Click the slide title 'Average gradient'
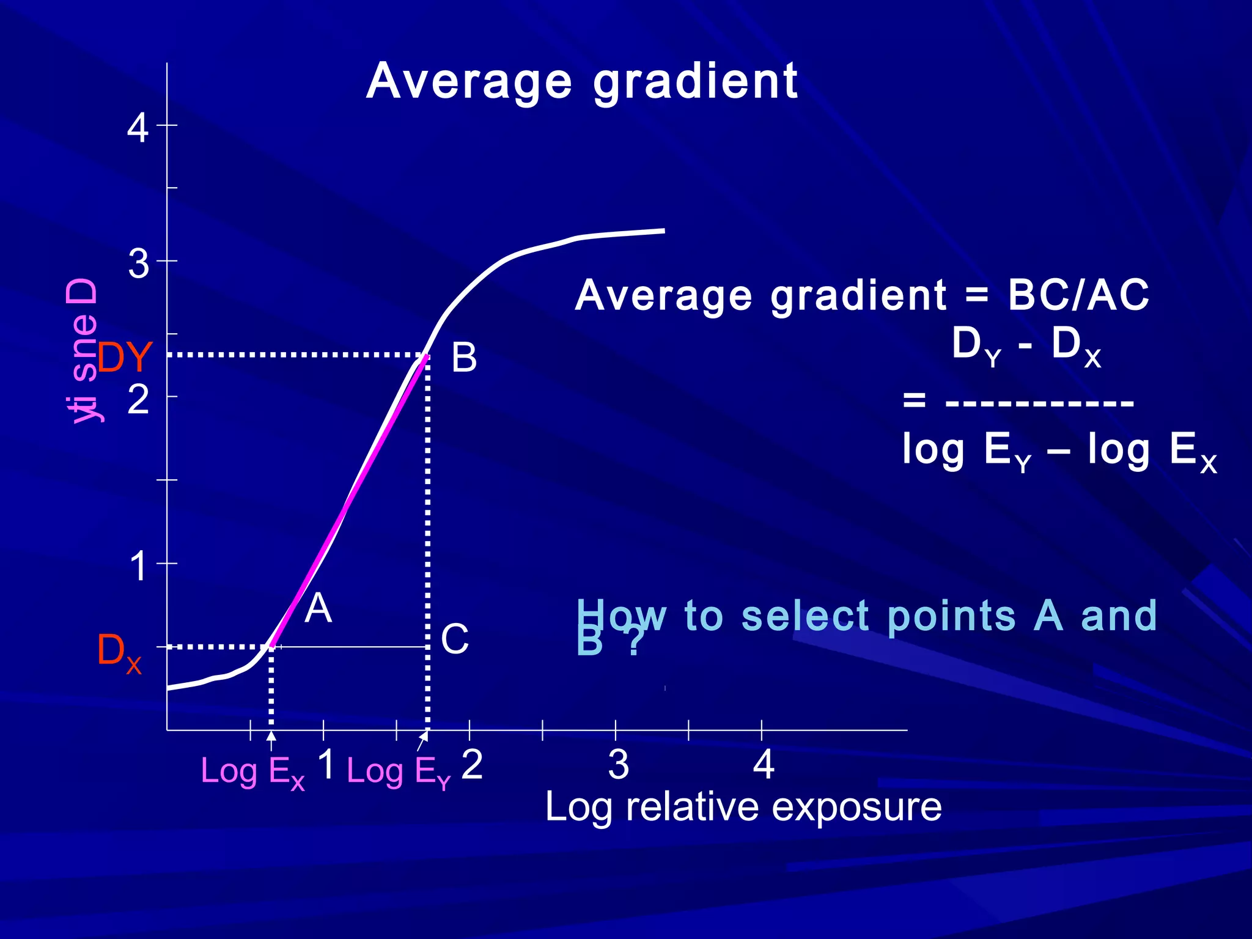(x=581, y=82)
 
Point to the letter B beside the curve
(x=464, y=358)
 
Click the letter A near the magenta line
(x=318, y=609)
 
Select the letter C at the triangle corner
(x=455, y=640)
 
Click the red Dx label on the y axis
(x=119, y=652)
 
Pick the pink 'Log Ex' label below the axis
(x=252, y=772)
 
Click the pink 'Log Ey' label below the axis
(x=399, y=772)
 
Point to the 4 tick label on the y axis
(x=138, y=129)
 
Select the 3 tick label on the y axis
(x=139, y=265)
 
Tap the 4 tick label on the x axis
(x=764, y=765)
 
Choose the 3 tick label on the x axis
(x=618, y=765)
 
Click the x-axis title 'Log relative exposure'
(x=743, y=807)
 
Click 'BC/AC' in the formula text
(x=1078, y=295)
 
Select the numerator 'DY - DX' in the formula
(x=1026, y=346)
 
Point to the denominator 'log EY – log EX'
(x=1059, y=451)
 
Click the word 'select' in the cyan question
(x=805, y=616)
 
